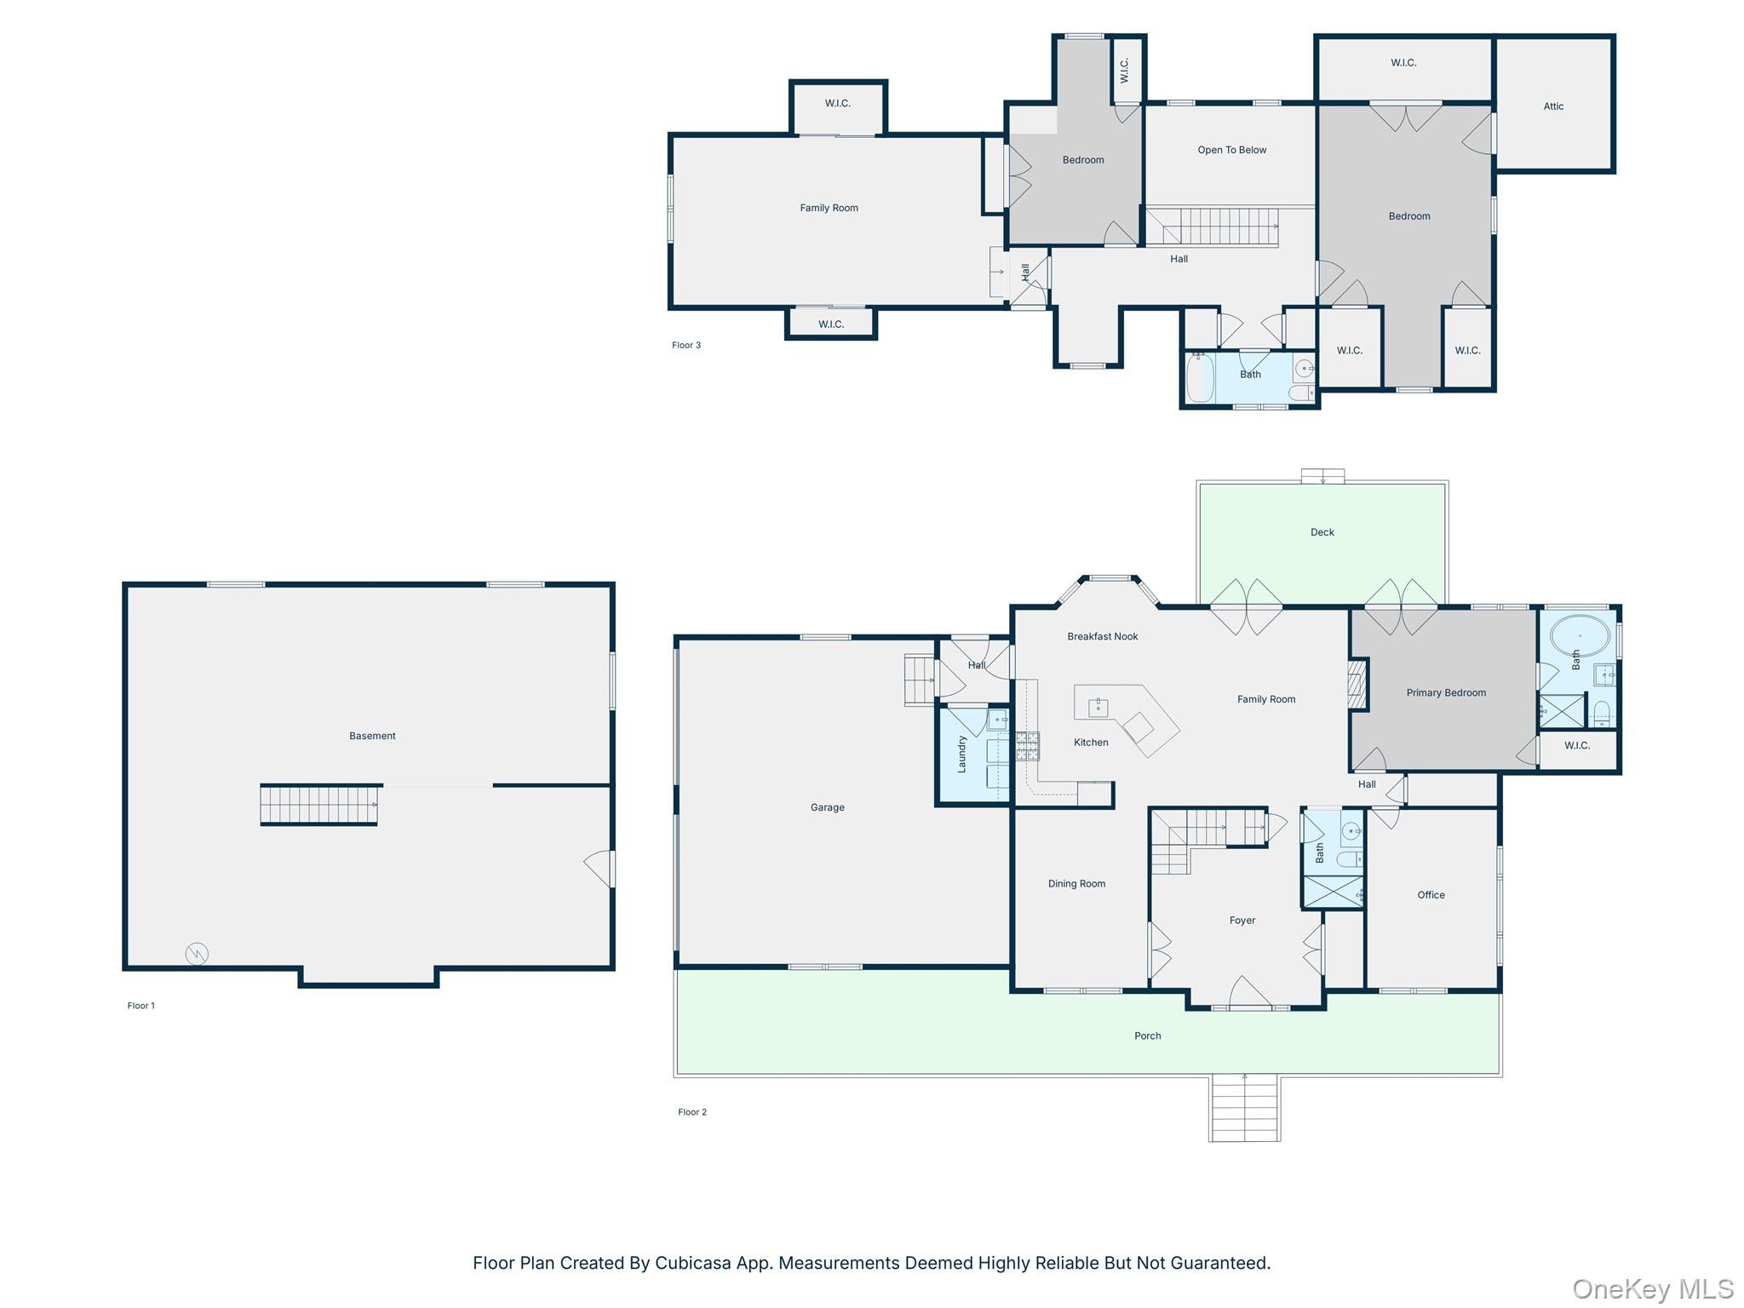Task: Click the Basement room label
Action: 372,736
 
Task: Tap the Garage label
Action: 827,807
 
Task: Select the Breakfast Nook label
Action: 1103,636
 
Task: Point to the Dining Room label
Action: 1076,884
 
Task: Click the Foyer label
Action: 1242,921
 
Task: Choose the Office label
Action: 1431,895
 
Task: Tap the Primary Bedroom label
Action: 1446,693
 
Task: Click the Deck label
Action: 1322,532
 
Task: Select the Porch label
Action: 1147,1035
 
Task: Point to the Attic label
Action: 1553,106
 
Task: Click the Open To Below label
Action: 1232,150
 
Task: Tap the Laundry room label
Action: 962,754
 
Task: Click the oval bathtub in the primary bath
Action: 1580,636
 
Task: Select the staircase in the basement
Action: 319,805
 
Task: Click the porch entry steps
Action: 1245,1108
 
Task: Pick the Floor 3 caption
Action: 686,345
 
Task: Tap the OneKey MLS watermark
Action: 1653,1289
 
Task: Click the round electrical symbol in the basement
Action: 197,954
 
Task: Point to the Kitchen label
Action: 1091,743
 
